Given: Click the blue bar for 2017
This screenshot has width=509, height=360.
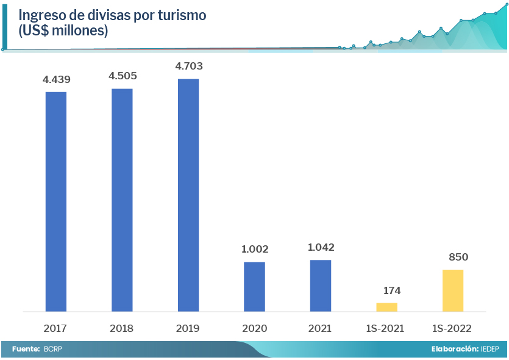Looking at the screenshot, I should (x=56, y=201).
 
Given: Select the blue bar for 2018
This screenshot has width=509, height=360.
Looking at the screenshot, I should (x=122, y=200).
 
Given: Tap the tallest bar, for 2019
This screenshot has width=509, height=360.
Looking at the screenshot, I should (x=188, y=195).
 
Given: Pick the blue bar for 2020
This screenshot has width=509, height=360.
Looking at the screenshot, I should (x=254, y=286).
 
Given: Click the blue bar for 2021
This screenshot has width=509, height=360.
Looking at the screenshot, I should (x=321, y=285).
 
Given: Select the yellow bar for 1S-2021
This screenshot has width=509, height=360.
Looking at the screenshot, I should (x=386, y=307).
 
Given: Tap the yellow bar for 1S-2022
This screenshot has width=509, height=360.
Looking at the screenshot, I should (x=453, y=290).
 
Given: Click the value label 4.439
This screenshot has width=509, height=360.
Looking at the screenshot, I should (x=56, y=79).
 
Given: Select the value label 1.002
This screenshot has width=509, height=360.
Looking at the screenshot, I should (x=255, y=249).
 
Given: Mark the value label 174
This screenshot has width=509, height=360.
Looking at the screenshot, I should (x=387, y=290).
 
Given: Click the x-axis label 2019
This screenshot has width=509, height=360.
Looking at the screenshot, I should (x=188, y=328).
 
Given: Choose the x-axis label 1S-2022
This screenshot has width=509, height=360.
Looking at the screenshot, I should (x=452, y=328).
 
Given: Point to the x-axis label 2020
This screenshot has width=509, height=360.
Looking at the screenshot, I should (x=254, y=328).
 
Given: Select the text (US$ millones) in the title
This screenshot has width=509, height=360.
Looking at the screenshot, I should (x=63, y=31).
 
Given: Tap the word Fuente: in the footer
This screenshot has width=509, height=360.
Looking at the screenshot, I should (x=25, y=349).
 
